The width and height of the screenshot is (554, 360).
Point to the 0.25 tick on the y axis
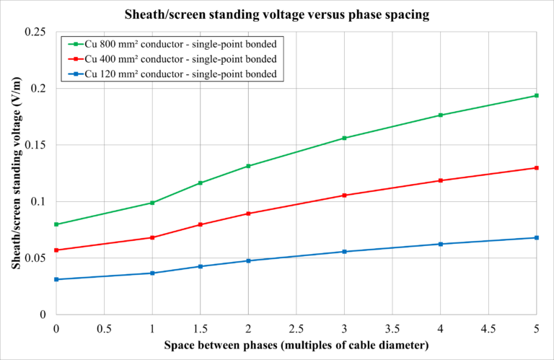click(x=36, y=32)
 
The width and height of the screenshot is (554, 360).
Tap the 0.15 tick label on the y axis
click(x=36, y=145)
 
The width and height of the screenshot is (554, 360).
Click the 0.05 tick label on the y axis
click(x=36, y=258)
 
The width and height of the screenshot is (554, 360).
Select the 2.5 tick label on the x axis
click(x=296, y=328)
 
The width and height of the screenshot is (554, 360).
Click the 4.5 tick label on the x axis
click(x=488, y=328)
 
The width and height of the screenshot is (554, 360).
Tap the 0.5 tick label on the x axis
click(x=104, y=328)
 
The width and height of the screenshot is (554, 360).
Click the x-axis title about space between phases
click(x=296, y=345)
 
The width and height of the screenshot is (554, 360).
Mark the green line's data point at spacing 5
click(x=536, y=95)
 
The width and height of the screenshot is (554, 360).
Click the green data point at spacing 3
click(x=344, y=138)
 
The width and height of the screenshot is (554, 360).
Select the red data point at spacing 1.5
click(x=201, y=224)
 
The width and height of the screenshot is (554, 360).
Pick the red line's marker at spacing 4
click(x=440, y=180)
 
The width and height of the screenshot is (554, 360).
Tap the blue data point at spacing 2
click(x=248, y=260)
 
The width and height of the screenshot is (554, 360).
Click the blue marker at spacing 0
click(x=56, y=279)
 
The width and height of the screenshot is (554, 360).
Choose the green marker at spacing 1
click(x=152, y=203)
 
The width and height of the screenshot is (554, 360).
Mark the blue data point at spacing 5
click(x=536, y=237)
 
